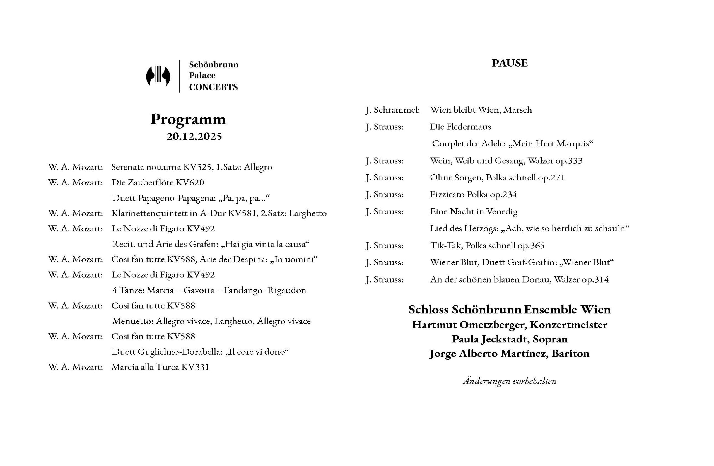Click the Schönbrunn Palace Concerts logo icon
(158, 76)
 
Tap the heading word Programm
(188, 119)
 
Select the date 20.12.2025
(194, 136)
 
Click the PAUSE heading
(509, 63)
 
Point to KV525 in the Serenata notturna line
(198, 167)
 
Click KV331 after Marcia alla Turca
(195, 367)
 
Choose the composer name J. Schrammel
(392, 110)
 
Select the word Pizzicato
(447, 195)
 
